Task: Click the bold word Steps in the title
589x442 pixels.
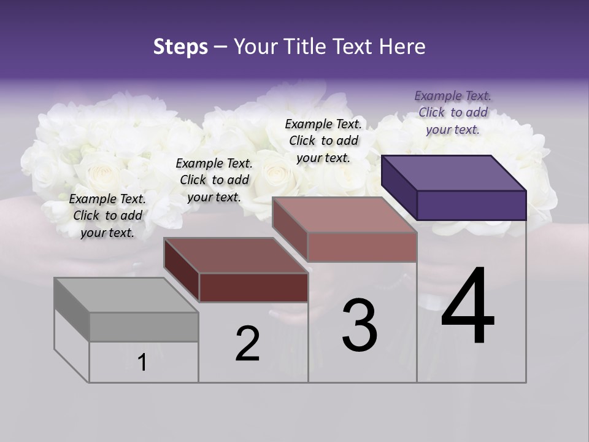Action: pos(180,47)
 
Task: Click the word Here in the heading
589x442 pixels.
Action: pos(401,47)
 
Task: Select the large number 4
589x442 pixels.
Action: pos(468,307)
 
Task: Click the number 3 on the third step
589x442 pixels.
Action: pos(360,325)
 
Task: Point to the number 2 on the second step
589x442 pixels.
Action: pos(247,344)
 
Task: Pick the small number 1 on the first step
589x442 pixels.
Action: pos(142,362)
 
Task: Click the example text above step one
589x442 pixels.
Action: pos(107,215)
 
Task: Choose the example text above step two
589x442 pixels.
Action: pos(214,180)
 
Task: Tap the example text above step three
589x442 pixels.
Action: pos(323,141)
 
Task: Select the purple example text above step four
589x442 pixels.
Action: pos(453,112)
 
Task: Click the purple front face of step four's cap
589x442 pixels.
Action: pos(471,205)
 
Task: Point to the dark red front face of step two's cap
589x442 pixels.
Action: pos(253,287)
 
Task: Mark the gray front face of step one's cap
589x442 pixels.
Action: pos(144,327)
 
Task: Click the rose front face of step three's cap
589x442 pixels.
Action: pos(362,247)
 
